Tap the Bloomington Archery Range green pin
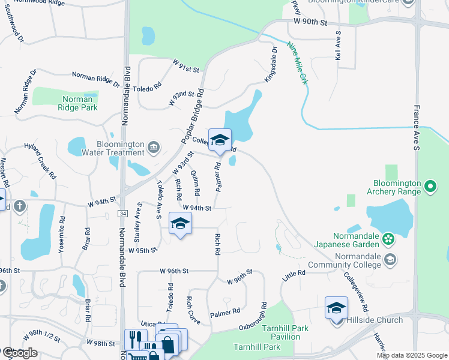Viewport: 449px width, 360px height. point(430,187)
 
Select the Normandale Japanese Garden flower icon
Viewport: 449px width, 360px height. point(388,239)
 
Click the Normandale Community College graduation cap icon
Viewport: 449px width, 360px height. point(391,259)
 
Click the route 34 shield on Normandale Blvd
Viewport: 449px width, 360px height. point(122,214)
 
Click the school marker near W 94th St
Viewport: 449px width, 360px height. point(180,224)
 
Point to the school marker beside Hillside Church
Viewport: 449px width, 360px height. point(336,308)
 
